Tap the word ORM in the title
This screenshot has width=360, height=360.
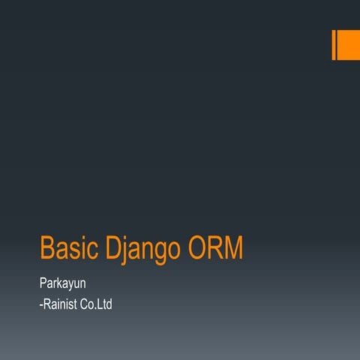pos(217,248)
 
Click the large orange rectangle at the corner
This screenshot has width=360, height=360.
pos(347,45)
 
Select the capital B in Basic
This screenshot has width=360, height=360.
pos(46,248)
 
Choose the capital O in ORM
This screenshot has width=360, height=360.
pos(200,248)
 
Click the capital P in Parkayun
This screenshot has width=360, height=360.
pos(43,285)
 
